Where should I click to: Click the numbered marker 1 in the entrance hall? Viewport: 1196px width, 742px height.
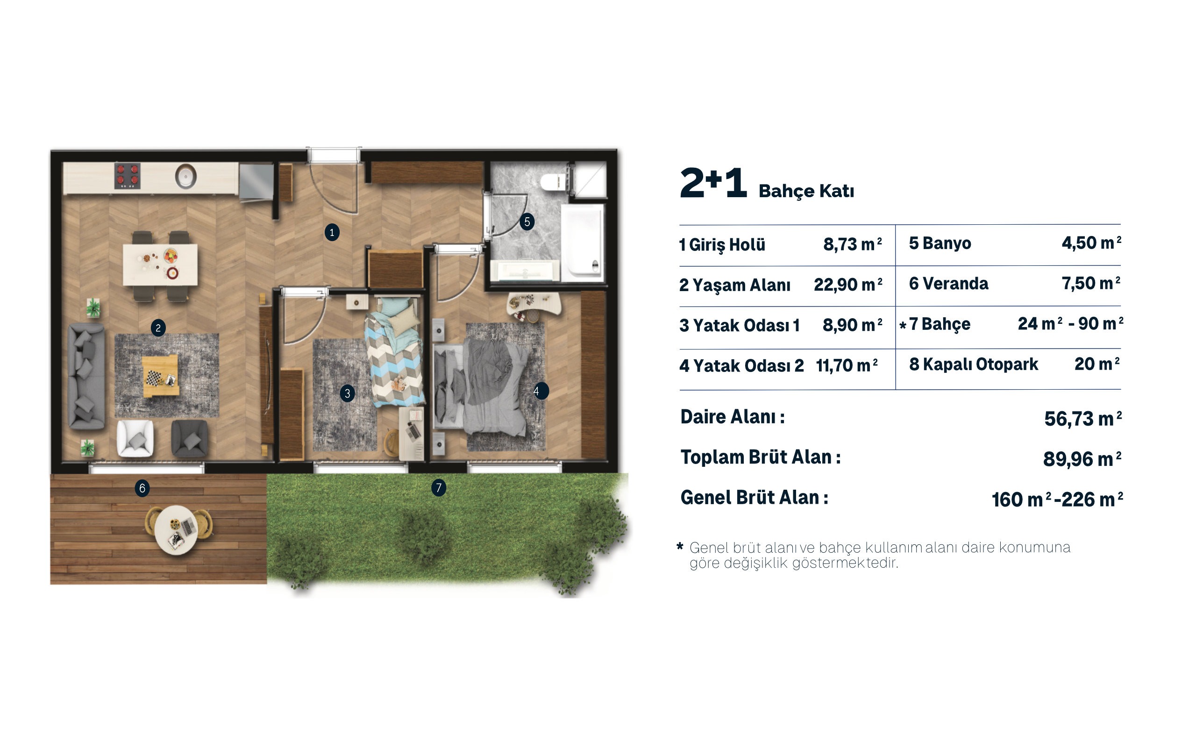(332, 232)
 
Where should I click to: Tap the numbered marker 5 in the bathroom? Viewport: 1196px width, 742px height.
(527, 221)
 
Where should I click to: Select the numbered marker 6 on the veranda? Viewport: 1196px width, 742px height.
(142, 488)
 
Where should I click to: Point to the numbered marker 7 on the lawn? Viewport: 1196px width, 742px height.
(439, 487)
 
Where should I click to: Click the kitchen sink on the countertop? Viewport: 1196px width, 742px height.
(186, 176)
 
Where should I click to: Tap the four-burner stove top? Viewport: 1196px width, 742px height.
(128, 176)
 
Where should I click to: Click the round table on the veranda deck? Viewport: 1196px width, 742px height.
(176, 530)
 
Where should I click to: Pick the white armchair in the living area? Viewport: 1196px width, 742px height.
(135, 438)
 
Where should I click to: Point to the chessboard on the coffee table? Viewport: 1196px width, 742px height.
(154, 378)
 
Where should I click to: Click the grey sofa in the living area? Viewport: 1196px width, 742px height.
(86, 376)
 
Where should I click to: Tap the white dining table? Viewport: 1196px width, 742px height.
(160, 264)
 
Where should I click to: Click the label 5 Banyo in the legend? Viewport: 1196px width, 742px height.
(940, 243)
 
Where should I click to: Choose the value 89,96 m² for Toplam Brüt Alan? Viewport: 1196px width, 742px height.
(1082, 459)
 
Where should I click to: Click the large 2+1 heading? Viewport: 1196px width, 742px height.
(714, 183)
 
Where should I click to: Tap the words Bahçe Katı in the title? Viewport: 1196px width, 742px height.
(806, 191)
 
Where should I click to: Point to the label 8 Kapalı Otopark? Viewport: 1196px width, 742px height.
(973, 364)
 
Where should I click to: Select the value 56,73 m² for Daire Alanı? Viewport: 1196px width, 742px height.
(1082, 419)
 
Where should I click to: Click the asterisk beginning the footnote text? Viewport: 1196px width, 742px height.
(679, 546)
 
